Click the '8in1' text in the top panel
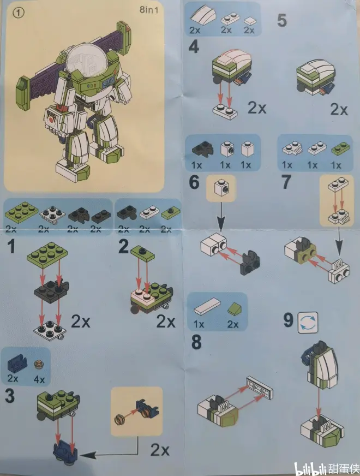click(149, 10)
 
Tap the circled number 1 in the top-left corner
click(19, 13)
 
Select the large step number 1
click(11, 247)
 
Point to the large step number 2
click(124, 247)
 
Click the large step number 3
click(10, 396)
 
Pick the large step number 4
click(194, 47)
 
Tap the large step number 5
click(282, 20)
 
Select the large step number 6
click(194, 182)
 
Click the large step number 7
click(286, 182)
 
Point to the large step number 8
click(196, 342)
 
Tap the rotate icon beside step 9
click(308, 323)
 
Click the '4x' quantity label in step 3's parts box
click(39, 379)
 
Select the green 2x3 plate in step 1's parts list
click(21, 212)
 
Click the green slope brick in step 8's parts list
click(235, 310)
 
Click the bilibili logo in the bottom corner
click(310, 469)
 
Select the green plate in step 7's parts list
click(340, 148)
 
